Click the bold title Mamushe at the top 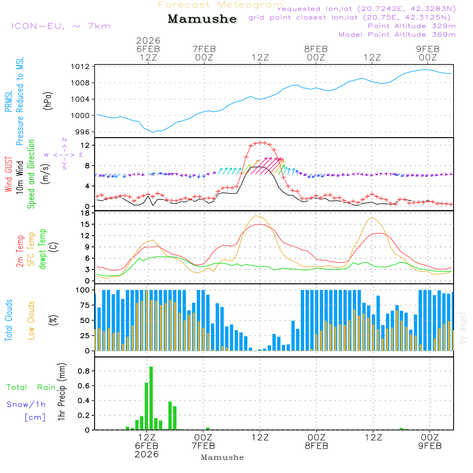pos(202,19)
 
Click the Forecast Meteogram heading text pos(220,5)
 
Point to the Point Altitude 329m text pos(412,26)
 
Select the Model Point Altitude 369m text pos(397,35)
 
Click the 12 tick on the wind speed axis pos(87,145)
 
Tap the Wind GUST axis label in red pos(9,175)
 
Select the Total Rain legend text pos(31,387)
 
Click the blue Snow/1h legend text pos(26,405)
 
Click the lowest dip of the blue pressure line pos(153,132)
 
